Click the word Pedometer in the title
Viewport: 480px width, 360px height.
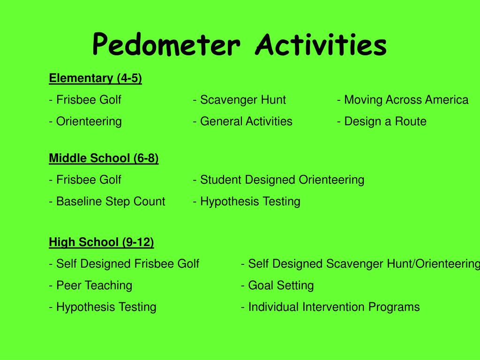pyautogui.click(x=166, y=45)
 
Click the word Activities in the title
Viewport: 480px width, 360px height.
pyautogui.click(x=321, y=45)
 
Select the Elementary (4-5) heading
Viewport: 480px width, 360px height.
pyautogui.click(x=96, y=78)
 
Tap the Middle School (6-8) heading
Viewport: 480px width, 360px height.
pyautogui.click(x=104, y=158)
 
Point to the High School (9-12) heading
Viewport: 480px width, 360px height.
pyautogui.click(x=101, y=242)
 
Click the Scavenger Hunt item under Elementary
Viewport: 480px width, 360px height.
pyautogui.click(x=243, y=100)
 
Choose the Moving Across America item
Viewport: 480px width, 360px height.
pyautogui.click(x=405, y=100)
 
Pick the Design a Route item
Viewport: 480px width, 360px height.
pyautogui.click(x=385, y=121)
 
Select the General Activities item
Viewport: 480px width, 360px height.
pyautogui.click(x=246, y=121)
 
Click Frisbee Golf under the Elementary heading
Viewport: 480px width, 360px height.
pyautogui.click(x=89, y=100)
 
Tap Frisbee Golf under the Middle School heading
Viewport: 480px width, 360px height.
pyautogui.click(x=89, y=180)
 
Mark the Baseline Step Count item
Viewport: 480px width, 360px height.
pyautogui.click(x=111, y=202)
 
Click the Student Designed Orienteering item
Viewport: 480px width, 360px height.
pyautogui.click(x=282, y=180)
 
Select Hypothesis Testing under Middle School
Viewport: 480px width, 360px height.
pyautogui.click(x=250, y=202)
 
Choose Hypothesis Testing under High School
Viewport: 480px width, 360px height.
pyautogui.click(x=106, y=307)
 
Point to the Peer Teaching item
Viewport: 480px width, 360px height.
pyautogui.click(x=94, y=285)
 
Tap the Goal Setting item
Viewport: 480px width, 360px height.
pyautogui.click(x=281, y=285)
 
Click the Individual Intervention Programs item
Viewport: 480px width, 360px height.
pyautogui.click(x=334, y=307)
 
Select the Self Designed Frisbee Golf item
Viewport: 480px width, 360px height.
pyautogui.click(x=127, y=264)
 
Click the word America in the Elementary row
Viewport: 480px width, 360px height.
pyautogui.click(x=447, y=100)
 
